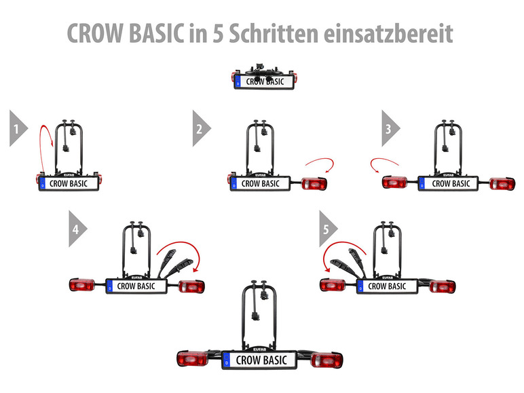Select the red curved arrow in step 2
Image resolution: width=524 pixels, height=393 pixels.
[320, 165]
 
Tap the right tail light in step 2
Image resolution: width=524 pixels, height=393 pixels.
[312, 183]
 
